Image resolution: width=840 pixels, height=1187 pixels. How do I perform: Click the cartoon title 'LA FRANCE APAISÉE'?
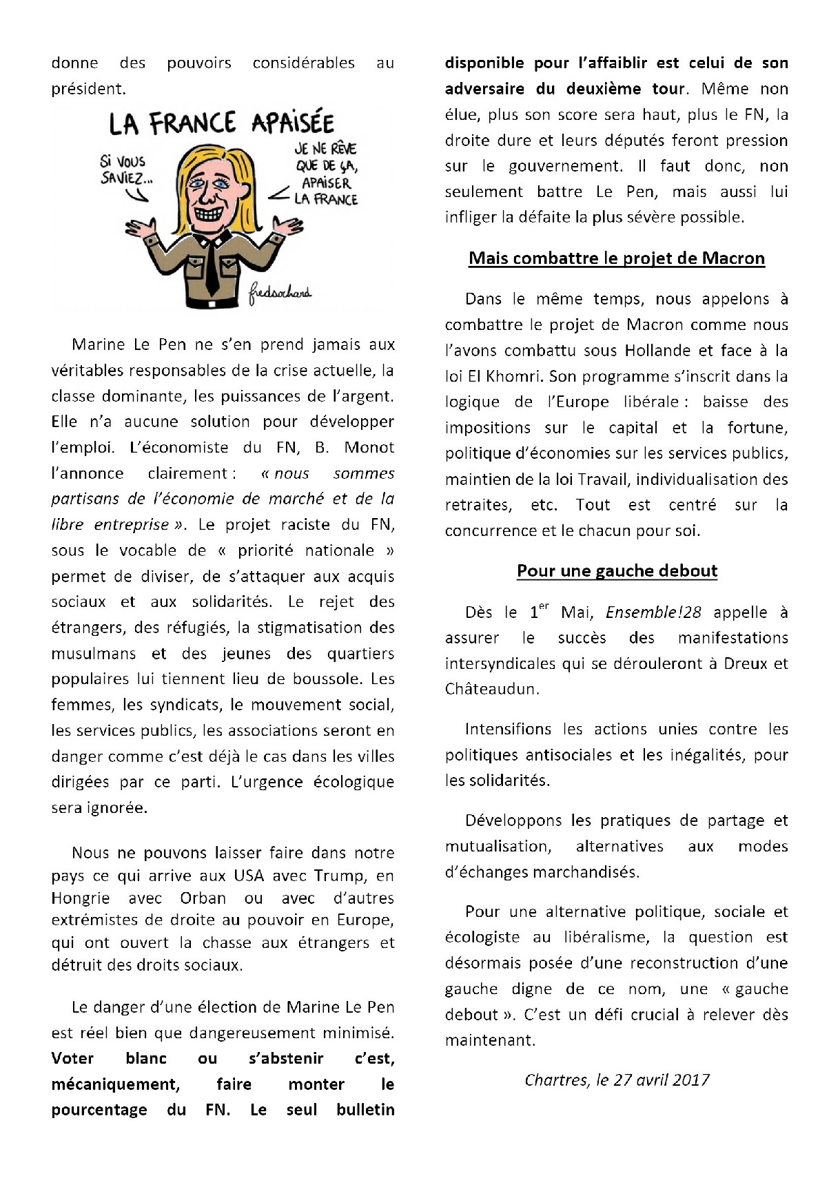221,123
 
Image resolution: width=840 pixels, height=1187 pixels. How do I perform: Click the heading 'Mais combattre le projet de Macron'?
617,258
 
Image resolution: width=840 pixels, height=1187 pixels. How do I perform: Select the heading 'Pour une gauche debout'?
617,571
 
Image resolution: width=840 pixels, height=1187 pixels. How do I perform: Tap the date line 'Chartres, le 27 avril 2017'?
617,1080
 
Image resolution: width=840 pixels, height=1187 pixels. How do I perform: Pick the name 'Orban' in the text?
203,898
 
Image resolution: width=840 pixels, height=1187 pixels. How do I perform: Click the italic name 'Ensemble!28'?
653,612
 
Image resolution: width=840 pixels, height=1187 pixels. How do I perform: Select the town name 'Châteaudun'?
490,689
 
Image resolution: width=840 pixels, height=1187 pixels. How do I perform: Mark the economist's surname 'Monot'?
369,448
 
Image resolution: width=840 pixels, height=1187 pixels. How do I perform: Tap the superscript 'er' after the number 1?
544,606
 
